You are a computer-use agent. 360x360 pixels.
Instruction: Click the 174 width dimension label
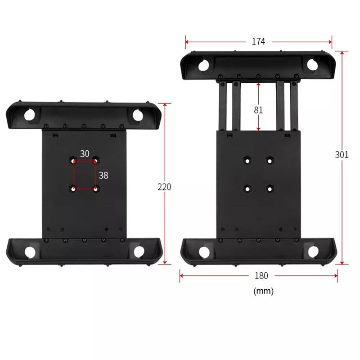[258, 41]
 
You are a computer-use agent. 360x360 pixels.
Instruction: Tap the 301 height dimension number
[342, 155]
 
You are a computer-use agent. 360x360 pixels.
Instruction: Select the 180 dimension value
[261, 275]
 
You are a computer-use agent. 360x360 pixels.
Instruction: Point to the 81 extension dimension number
[258, 110]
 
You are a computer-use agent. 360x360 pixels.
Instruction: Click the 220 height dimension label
[164, 187]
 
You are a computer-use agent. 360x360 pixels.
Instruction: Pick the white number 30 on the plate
[85, 154]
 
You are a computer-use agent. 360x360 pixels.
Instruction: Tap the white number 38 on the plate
[103, 175]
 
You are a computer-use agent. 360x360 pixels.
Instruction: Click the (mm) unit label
[263, 291]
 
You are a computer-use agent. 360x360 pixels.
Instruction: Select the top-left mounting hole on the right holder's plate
[247, 161]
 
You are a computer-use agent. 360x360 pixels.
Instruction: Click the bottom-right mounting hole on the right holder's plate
[270, 189]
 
